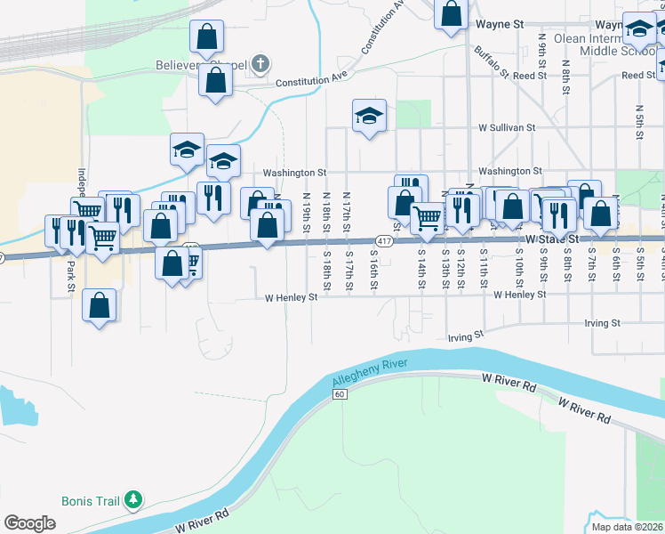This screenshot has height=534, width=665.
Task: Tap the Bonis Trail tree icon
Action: point(133,500)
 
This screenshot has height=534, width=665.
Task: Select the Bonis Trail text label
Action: point(90,501)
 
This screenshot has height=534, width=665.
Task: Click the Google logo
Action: point(29,523)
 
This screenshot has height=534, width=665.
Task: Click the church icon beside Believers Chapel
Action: point(260,63)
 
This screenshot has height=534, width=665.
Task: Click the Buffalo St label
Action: point(490,61)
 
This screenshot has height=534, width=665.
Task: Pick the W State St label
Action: point(551,240)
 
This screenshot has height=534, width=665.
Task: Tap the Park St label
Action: point(69,271)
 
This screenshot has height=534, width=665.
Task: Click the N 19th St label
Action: point(306,212)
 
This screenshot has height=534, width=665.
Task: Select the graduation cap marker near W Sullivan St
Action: point(369,116)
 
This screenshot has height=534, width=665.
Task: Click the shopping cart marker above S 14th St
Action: point(428,216)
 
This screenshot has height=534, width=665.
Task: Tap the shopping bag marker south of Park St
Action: point(100,304)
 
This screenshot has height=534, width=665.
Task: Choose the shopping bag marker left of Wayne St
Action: point(451,13)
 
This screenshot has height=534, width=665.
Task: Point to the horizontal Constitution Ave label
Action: point(310,80)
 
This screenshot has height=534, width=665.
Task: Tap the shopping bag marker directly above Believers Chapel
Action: point(206,36)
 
